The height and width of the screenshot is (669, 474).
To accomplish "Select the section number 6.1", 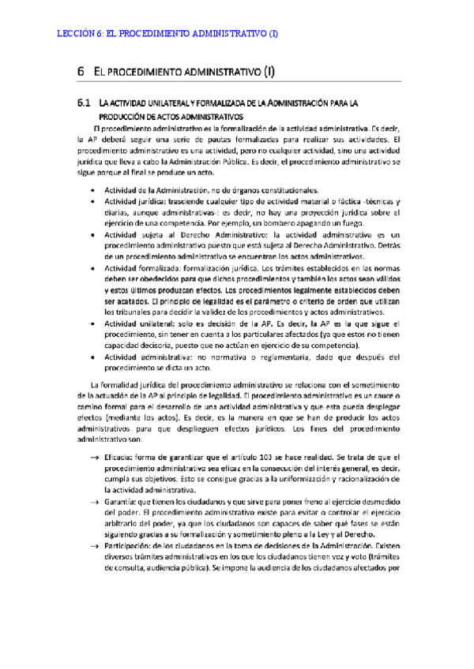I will tap(85, 103).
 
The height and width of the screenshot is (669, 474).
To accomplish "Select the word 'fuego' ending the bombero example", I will tap(348, 224).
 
